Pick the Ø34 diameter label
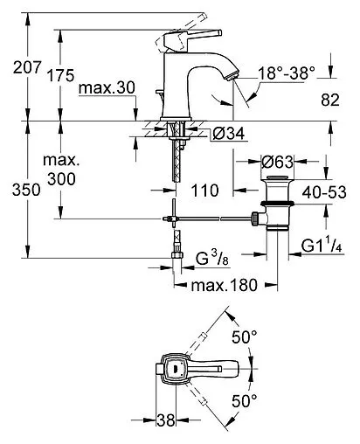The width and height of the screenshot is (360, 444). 226,133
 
